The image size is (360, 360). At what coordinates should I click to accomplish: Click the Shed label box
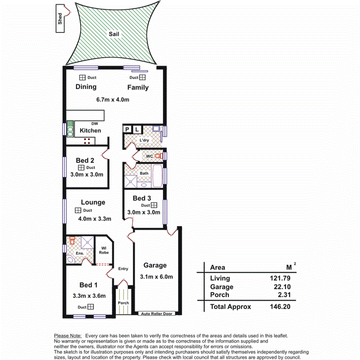tap(60, 20)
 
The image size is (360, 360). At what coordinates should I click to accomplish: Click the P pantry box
tap(128, 129)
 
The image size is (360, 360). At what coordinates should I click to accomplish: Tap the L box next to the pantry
tap(137, 129)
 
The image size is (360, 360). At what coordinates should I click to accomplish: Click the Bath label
tap(144, 173)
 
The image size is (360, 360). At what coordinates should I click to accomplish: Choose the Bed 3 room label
tap(142, 198)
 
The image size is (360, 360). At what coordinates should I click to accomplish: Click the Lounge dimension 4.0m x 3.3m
tap(94, 219)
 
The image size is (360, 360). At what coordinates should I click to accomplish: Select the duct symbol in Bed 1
tap(91, 307)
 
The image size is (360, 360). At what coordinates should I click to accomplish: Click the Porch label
tap(123, 303)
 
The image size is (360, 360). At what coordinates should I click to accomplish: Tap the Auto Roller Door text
tap(156, 314)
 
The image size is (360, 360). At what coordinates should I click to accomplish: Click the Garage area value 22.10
tap(282, 287)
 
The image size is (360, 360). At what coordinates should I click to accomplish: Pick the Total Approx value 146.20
tap(280, 307)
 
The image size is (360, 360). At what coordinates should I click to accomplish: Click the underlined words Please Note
tap(68, 336)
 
